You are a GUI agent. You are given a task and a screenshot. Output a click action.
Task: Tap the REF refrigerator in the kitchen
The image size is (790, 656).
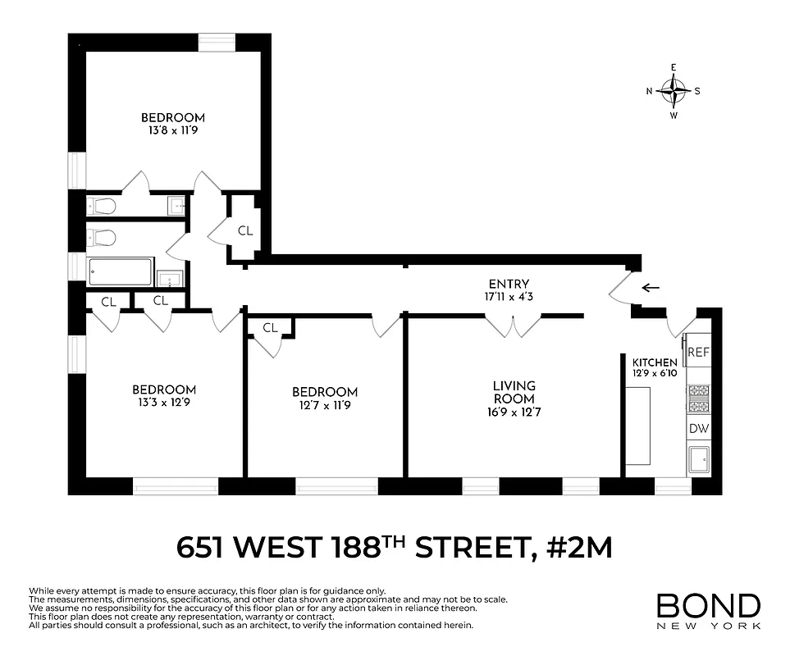pos(697,353)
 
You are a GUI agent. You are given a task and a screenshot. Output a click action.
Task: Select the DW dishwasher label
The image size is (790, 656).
pos(697,429)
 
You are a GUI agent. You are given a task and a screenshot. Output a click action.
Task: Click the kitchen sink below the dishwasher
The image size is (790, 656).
pos(698,461)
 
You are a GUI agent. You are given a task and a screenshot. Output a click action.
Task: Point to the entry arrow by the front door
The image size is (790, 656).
pos(651,288)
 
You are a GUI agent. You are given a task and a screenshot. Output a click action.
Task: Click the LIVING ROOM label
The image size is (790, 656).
pos(514,392)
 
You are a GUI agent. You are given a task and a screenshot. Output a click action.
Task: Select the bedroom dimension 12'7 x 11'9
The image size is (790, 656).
pos(325,405)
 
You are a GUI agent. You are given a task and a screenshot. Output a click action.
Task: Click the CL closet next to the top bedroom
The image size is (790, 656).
pos(245,230)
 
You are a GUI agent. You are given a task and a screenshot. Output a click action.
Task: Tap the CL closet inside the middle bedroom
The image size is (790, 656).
pos(270,328)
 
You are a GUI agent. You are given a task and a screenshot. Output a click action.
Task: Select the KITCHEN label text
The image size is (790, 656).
pos(654,362)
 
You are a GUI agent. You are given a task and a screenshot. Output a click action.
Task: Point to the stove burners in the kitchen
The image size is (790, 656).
pos(697,399)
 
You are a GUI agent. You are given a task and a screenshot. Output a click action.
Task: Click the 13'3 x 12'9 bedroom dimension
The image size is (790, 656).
pos(164,403)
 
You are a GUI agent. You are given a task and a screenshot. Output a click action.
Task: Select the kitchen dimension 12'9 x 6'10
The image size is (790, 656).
pos(654,374)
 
